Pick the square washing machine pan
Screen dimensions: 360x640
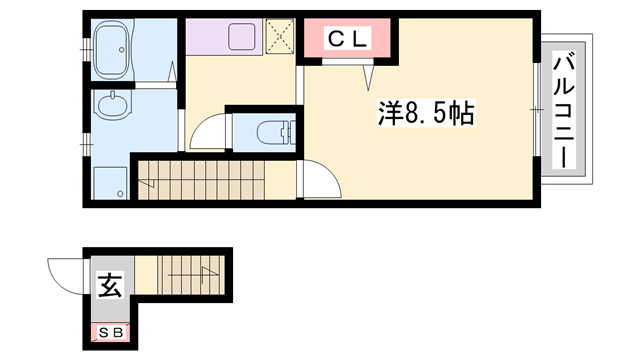click(109, 181)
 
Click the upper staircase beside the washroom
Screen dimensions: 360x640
click(215, 179)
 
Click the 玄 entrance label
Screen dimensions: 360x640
click(108, 287)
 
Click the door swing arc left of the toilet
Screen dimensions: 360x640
click(208, 130)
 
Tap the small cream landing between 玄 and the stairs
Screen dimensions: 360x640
click(145, 276)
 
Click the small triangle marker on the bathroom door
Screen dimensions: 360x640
click(174, 72)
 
